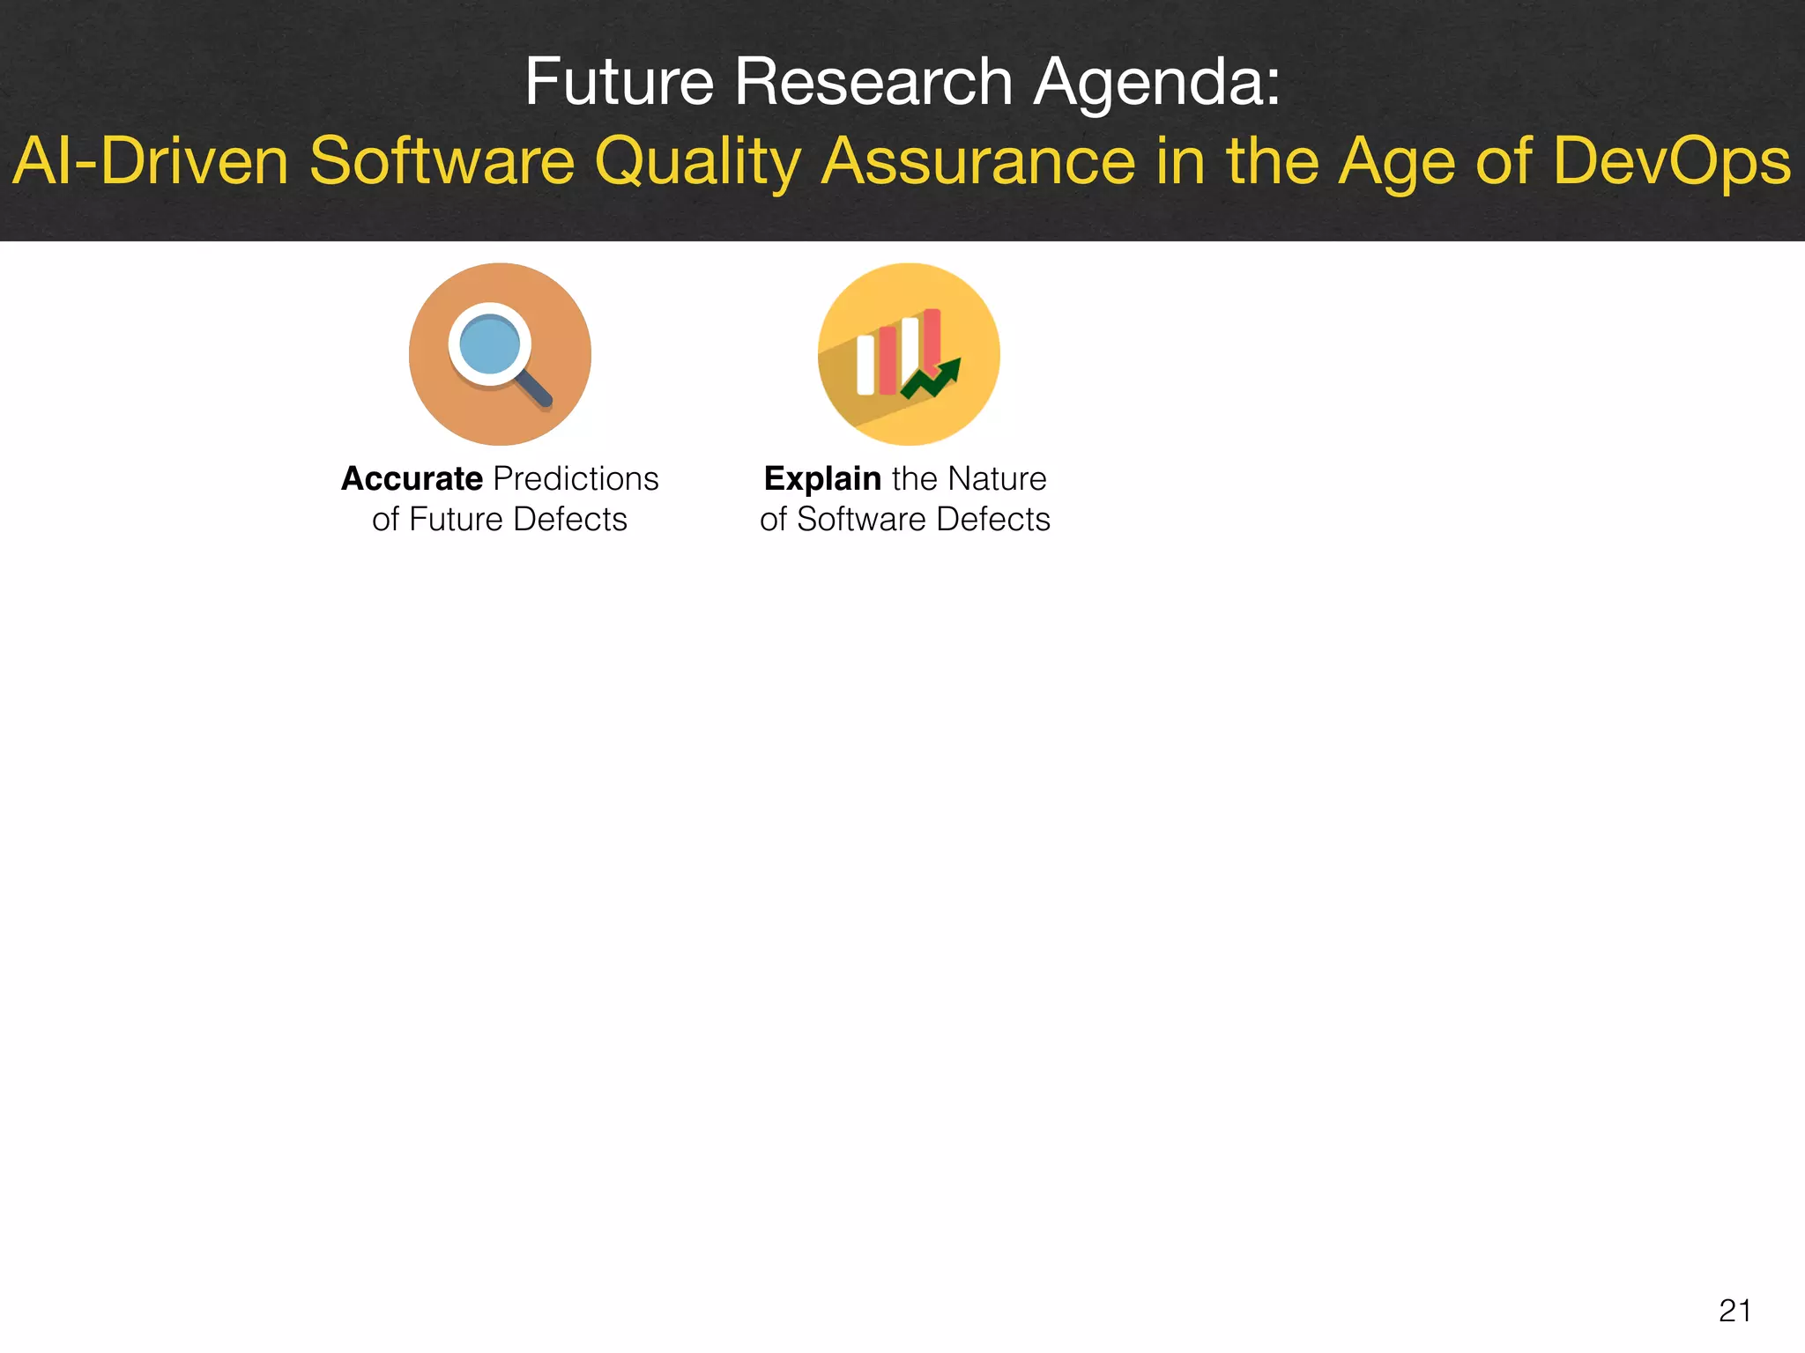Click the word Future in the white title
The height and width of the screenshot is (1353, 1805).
point(619,82)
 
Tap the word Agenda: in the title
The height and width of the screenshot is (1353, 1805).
point(1157,84)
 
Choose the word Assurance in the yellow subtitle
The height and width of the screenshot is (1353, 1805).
point(977,161)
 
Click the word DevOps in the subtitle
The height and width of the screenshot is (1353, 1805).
point(1671,163)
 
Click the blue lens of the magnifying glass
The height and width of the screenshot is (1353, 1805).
point(489,344)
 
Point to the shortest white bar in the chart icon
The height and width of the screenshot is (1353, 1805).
point(865,365)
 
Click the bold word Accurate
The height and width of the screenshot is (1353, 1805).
point(412,478)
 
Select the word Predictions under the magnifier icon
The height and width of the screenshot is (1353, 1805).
point(576,478)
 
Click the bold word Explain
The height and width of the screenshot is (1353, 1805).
point(822,478)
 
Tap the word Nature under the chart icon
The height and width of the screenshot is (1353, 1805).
point(997,478)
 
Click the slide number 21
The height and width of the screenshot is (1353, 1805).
point(1734,1311)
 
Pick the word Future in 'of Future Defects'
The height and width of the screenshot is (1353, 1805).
point(456,519)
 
